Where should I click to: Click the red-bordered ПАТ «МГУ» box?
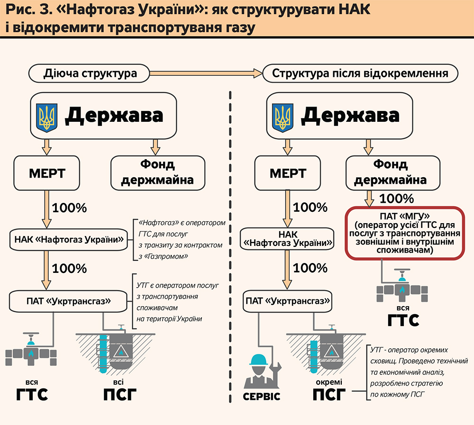pyautogui.click(x=403, y=233)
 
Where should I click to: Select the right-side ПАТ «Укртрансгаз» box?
pyautogui.click(x=287, y=301)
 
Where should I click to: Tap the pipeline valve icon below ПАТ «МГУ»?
pyautogui.click(x=402, y=287)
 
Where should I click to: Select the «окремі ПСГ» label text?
pyautogui.click(x=328, y=389)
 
